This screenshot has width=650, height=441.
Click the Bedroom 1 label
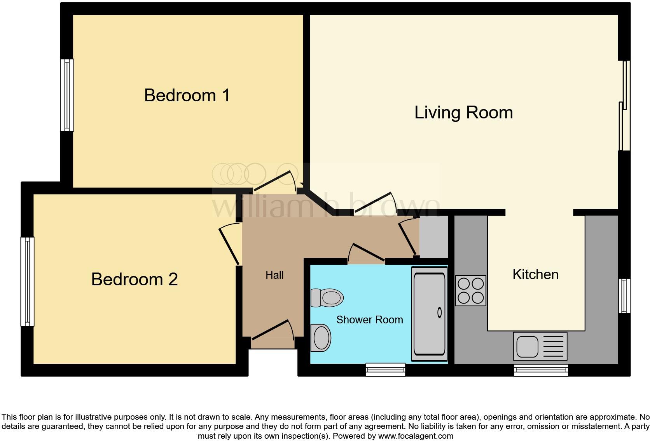click(187, 95)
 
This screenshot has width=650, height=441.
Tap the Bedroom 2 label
click(135, 280)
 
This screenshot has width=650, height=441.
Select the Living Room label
click(463, 113)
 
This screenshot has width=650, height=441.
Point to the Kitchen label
click(535, 274)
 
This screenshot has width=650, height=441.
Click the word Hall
click(274, 275)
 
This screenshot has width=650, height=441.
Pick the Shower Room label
click(369, 320)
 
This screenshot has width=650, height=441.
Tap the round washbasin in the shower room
click(321, 338)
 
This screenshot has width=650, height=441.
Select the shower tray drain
click(440, 312)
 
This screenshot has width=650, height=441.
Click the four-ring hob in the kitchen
click(470, 291)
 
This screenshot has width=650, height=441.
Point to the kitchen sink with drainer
click(540, 346)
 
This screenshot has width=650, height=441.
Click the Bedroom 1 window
click(67, 95)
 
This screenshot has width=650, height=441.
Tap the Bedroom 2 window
click(27, 281)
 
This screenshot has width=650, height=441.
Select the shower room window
click(385, 370)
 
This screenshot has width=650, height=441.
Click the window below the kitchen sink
click(541, 370)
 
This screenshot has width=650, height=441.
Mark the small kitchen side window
click(624, 296)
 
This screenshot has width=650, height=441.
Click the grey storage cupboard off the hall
click(433, 237)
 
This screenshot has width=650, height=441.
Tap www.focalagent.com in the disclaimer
click(415, 436)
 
